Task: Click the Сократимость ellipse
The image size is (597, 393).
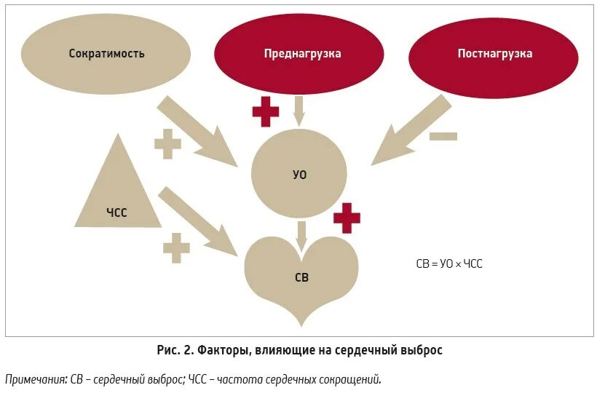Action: click(106, 53)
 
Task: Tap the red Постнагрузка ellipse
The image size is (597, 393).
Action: click(494, 54)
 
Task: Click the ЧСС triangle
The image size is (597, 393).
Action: click(117, 189)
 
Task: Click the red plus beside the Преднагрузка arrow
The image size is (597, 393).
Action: click(265, 112)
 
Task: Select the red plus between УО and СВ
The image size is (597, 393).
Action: click(347, 218)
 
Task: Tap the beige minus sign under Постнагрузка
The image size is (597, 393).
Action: click(443, 136)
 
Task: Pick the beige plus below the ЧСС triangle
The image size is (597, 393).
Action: click(176, 248)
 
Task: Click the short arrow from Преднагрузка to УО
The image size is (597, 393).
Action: click(298, 111)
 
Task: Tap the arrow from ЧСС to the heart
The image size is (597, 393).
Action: click(198, 221)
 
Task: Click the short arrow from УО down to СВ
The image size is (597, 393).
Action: click(301, 234)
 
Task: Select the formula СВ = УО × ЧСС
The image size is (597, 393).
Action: click(448, 263)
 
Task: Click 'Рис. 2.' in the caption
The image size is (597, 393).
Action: click(175, 350)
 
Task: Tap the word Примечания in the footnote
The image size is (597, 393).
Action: click(35, 379)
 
